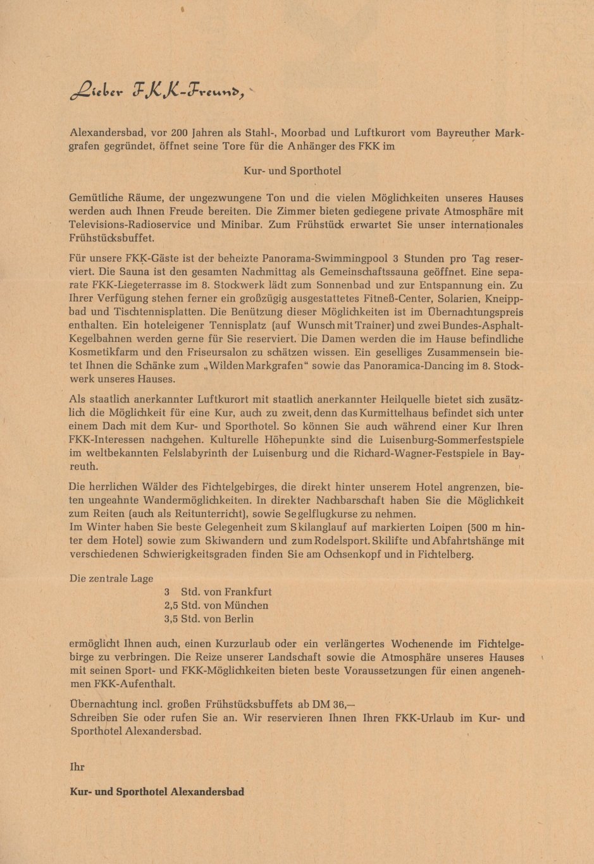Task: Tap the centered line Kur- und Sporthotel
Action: [x=292, y=171]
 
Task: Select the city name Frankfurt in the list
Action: [x=248, y=592]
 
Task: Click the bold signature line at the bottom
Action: [x=157, y=791]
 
